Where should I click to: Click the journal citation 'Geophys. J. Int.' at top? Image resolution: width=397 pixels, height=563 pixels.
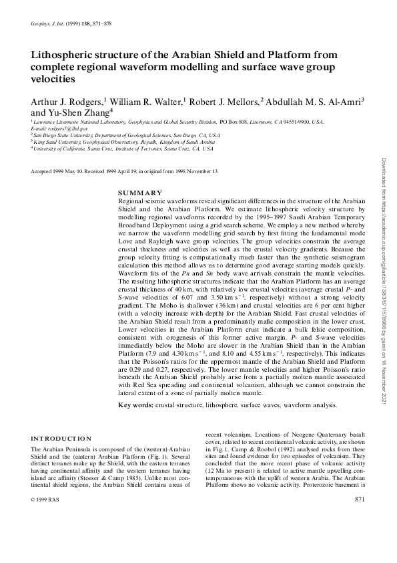click(49, 23)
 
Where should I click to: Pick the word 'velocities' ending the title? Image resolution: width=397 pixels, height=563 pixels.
click(53, 78)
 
